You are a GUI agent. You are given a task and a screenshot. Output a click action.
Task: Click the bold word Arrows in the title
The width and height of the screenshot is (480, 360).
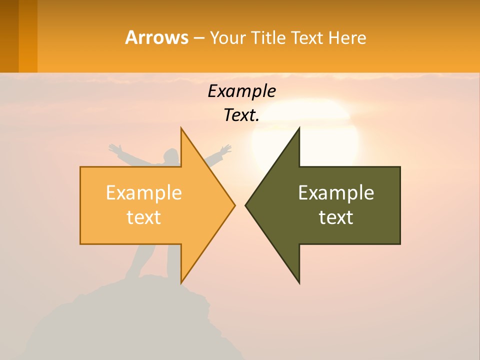point(156,37)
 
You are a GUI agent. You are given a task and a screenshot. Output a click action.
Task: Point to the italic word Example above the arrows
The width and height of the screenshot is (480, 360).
point(241,91)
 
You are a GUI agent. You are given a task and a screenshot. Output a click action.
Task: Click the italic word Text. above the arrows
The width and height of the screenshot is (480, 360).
point(241,115)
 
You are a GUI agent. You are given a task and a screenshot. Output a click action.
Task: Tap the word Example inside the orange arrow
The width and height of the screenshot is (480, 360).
point(143,192)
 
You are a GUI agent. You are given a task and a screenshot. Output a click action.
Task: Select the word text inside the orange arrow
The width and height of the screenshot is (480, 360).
point(143,217)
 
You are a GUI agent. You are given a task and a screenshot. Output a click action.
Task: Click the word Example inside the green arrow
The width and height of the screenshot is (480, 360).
point(336,192)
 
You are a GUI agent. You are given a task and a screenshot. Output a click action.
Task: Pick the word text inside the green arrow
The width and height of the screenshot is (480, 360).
point(336,217)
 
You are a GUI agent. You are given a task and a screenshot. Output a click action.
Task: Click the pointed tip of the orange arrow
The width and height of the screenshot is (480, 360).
point(234,205)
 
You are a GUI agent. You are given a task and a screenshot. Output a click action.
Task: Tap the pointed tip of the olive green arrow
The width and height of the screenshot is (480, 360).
point(246,205)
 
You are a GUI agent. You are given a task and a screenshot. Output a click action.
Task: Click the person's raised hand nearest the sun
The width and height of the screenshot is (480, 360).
point(226,148)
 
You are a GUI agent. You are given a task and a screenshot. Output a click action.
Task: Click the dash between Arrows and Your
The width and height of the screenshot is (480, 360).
point(198,38)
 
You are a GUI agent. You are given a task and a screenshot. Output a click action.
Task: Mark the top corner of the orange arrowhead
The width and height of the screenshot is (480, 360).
point(181,128)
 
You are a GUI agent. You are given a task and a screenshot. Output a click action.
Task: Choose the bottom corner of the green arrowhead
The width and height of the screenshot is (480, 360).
point(299,282)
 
